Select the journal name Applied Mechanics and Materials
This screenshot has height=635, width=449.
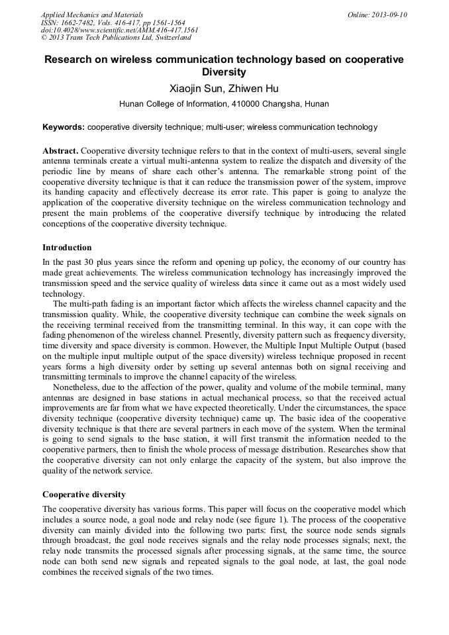(92, 14)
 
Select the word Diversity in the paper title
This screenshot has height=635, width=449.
(224, 72)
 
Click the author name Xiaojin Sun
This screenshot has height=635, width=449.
(194, 88)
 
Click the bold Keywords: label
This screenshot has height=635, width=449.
(64, 127)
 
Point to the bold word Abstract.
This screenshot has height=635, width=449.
(60, 151)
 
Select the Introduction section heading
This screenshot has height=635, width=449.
(67, 248)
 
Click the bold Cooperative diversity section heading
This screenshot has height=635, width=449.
(84, 495)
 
